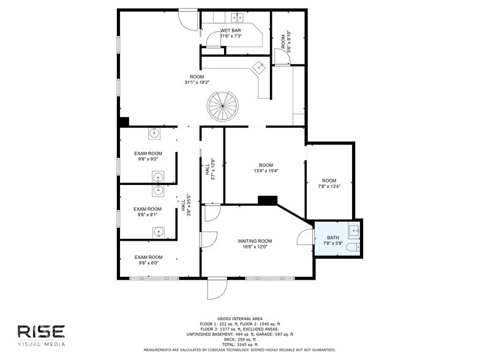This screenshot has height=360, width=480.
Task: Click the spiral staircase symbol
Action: [x=223, y=107]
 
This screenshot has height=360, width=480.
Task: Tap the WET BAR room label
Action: [x=230, y=31]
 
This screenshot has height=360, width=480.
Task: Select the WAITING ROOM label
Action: [x=255, y=241]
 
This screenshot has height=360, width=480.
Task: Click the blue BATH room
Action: [x=337, y=238]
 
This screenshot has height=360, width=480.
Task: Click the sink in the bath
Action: [x=354, y=230]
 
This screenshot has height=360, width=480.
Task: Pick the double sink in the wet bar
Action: [x=238, y=17]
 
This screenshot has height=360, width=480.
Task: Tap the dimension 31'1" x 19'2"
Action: [x=197, y=82]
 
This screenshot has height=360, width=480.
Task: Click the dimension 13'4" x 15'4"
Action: [x=266, y=171]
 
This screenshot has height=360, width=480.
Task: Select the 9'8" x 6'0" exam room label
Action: [x=148, y=260]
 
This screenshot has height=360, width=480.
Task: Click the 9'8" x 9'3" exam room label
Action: [x=148, y=156]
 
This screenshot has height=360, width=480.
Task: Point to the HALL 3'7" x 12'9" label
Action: [x=210, y=169]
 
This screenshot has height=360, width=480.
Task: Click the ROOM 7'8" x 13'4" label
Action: [x=329, y=184]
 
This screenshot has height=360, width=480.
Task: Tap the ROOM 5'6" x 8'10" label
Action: [x=286, y=42]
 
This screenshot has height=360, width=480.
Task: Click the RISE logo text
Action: [x=42, y=332]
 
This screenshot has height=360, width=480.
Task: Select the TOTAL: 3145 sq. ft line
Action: [x=240, y=344]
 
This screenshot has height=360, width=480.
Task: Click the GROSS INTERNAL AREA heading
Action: [x=240, y=318]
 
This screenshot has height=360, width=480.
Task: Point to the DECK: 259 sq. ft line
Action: [x=240, y=339]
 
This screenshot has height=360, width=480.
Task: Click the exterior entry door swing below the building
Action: [x=217, y=289]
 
